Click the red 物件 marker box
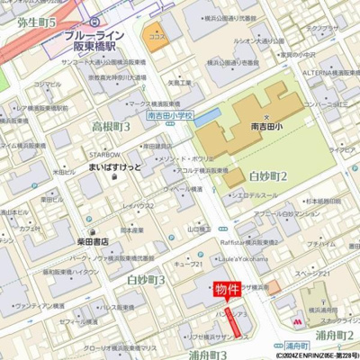click(227, 290)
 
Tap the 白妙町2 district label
click(267, 175)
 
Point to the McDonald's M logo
click(298, 319)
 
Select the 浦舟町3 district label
click(206, 355)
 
